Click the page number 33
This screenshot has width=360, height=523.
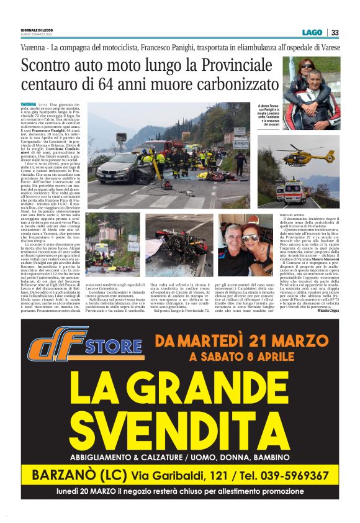coord(335,32)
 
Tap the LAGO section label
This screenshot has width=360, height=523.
coord(313,32)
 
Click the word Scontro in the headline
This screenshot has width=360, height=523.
coord(49,65)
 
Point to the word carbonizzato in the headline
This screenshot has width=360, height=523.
coord(230,84)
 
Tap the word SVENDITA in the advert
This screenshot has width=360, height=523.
coord(179,429)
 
